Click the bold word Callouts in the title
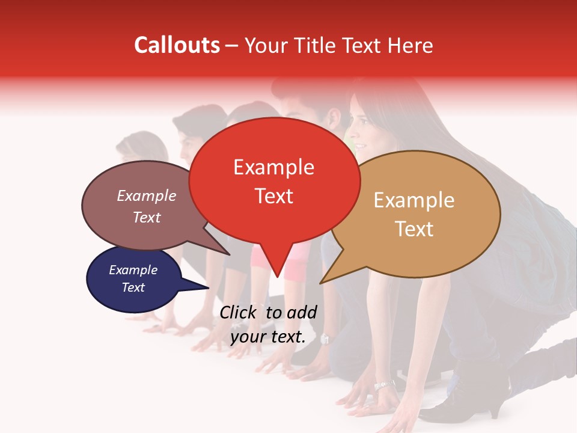click(x=177, y=45)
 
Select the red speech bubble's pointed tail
click(x=276, y=265)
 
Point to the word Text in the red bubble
click(x=273, y=196)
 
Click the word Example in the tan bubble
click(x=414, y=200)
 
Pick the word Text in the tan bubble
click(x=414, y=229)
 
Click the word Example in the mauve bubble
click(x=146, y=196)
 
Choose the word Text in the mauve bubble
click(x=146, y=218)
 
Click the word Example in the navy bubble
click(x=133, y=270)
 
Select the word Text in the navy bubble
click(x=133, y=287)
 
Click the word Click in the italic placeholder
click(x=239, y=312)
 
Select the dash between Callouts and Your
click(x=232, y=46)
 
